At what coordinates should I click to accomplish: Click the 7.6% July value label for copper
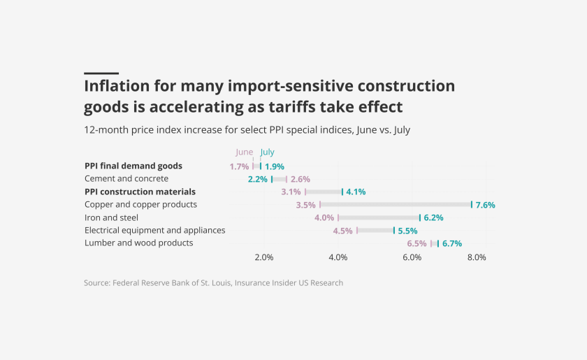coord(485,205)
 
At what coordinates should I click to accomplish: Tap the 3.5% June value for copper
coord(306,205)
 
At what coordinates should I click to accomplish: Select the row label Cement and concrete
coord(126,179)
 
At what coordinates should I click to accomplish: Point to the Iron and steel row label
coord(111,217)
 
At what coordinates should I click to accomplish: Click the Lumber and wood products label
coord(138,243)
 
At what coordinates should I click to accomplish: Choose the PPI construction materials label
coord(140,192)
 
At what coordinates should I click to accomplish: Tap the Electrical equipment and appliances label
coord(154,230)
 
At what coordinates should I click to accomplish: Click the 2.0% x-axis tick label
coord(264,257)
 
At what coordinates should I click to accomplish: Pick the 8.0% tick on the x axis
coord(477,257)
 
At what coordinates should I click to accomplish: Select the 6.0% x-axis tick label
coord(412,257)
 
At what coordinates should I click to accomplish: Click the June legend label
coord(245,152)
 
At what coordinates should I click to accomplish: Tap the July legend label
coord(268,152)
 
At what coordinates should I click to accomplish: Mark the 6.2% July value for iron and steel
coord(433,217)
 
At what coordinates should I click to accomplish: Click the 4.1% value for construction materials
coord(356,192)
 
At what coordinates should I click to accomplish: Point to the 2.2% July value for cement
coord(258,179)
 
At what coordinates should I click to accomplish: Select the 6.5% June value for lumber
coord(416,243)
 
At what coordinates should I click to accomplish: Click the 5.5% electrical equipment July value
coord(407,230)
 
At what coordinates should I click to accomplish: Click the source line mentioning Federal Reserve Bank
coord(213,283)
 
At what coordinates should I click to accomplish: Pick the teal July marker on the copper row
coord(472,205)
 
